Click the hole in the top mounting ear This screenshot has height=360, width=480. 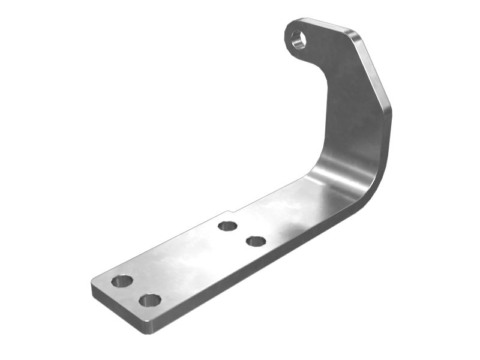[298, 40]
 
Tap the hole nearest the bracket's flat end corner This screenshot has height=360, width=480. [122, 281]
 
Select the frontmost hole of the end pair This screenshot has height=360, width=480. [149, 300]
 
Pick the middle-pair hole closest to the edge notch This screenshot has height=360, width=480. [227, 226]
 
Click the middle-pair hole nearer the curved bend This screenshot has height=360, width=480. [256, 241]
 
